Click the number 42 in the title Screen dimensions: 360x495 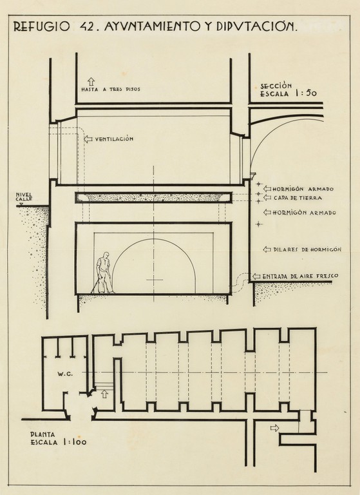[85, 27]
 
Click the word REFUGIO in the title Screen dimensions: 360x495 [41, 27]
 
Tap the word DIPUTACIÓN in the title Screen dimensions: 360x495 [257, 27]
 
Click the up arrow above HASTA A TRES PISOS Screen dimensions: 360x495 [91, 81]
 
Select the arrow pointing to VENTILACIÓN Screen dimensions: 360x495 [88, 139]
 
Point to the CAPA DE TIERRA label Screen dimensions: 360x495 [298, 198]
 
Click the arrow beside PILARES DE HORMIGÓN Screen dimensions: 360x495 [267, 249]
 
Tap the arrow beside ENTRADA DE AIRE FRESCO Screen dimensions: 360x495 [256, 277]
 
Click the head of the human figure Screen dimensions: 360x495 [106, 255]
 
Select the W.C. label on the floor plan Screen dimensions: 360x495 [65, 374]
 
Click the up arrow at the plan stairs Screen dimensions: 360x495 [104, 394]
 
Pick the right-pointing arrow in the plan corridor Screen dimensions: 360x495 [275, 428]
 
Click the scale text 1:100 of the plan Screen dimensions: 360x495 [75, 442]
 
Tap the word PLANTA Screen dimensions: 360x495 [43, 434]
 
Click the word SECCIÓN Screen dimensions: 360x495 [276, 86]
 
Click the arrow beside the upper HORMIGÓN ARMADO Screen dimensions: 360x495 [267, 189]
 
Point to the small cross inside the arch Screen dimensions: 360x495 [155, 279]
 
